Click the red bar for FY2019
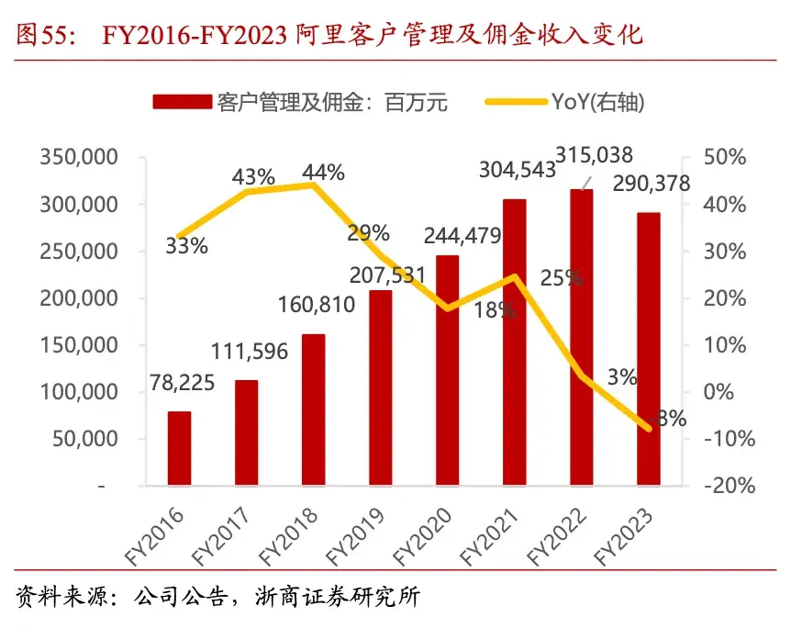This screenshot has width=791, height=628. [x=380, y=387]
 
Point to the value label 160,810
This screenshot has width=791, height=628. [x=314, y=304]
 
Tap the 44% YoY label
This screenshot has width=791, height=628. [x=323, y=172]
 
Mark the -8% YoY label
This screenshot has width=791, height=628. [x=667, y=419]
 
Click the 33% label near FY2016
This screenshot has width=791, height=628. [x=187, y=245]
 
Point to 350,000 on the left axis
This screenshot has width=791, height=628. [x=78, y=157]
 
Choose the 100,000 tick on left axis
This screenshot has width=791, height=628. [x=78, y=392]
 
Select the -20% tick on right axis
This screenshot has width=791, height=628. [x=728, y=486]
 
